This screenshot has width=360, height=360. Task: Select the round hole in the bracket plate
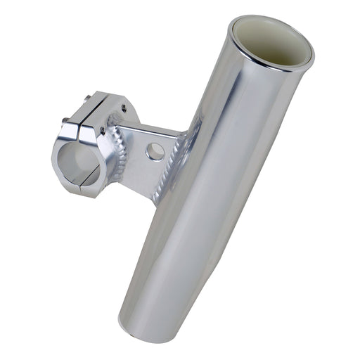[x=155, y=150]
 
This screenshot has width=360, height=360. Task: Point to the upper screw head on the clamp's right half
[x=124, y=108]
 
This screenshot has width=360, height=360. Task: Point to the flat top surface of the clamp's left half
[x=83, y=107]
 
